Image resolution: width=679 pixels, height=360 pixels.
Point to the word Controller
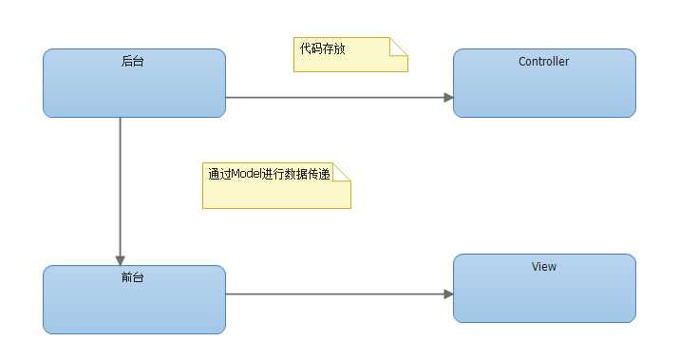click(544, 62)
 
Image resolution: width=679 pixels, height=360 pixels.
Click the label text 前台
click(134, 278)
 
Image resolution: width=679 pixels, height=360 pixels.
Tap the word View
click(544, 267)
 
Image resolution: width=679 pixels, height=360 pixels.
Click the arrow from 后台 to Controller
click(332, 97)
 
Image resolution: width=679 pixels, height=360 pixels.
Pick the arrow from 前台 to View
click(332, 294)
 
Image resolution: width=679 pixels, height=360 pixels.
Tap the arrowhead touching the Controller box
click(447, 97)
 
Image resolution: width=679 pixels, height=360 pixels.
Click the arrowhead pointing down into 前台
click(121, 259)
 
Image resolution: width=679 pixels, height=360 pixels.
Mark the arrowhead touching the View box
click(447, 294)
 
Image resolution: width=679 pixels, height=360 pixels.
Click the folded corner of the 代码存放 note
click(400, 46)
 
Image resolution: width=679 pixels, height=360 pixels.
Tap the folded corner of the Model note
click(343, 171)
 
